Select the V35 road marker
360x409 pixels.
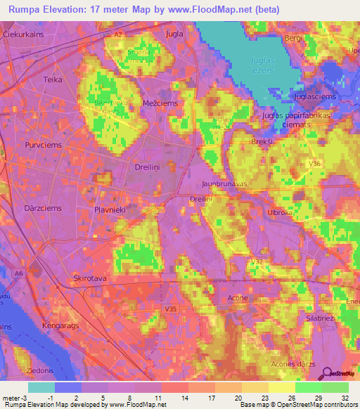169,308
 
